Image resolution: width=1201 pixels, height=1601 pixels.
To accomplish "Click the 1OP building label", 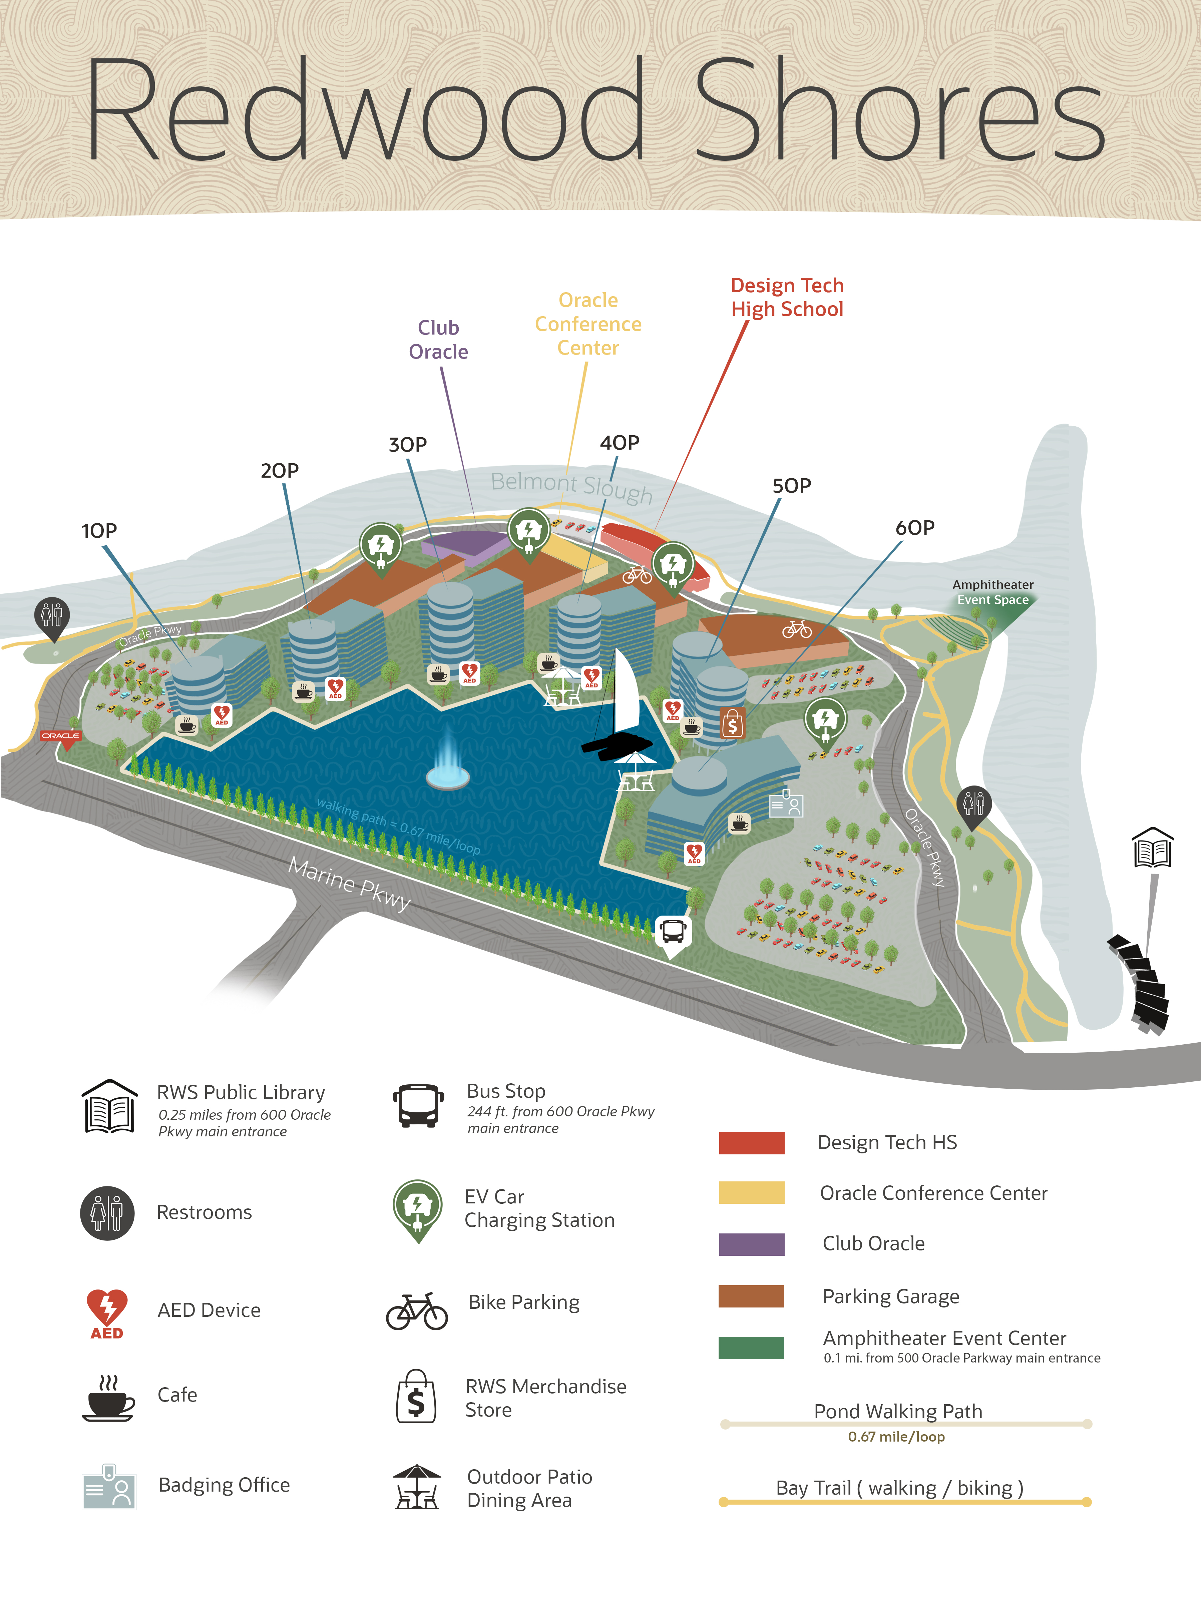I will point(99,531).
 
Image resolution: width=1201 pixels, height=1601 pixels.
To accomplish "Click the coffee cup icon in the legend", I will point(108,1398).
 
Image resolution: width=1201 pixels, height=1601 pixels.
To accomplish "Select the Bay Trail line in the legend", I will point(905,1502).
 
